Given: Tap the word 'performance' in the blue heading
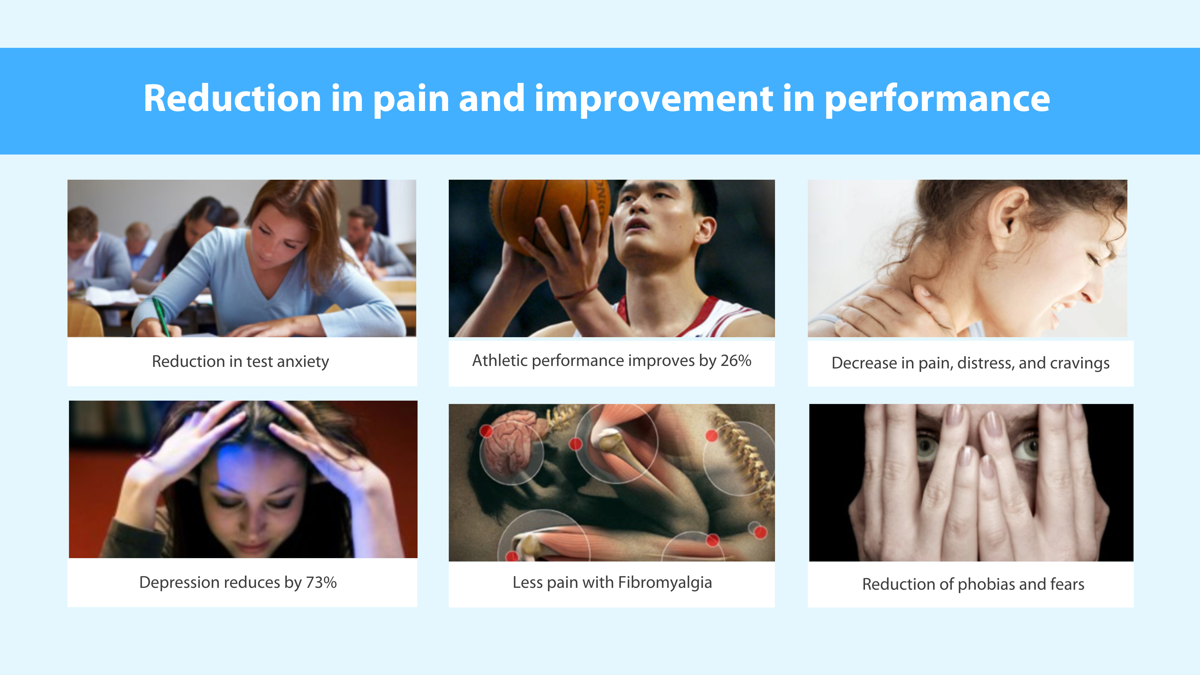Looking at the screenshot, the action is click(937, 100).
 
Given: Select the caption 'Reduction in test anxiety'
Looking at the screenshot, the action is click(240, 362).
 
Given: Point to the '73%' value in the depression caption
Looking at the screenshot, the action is click(321, 582).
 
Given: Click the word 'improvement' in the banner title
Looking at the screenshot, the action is click(654, 100).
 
